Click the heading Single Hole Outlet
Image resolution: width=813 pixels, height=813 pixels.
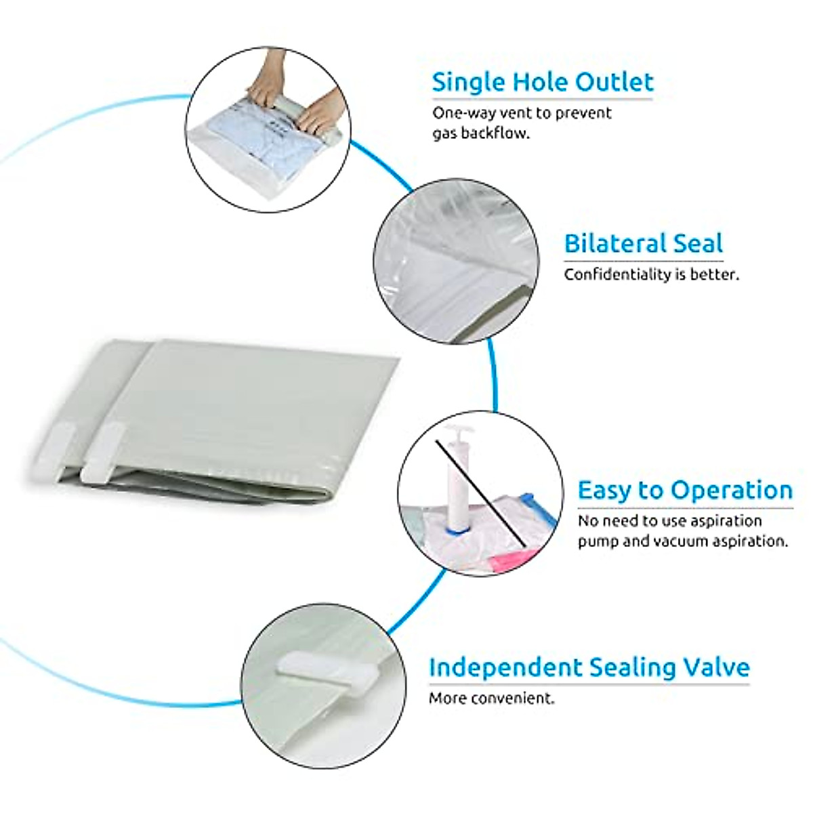(542, 82)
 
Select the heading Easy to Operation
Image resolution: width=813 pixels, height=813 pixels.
(684, 490)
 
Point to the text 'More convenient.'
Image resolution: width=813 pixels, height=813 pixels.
(491, 698)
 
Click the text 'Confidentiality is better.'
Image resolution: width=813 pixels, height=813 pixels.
(651, 274)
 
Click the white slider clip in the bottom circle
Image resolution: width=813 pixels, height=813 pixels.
(327, 669)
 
